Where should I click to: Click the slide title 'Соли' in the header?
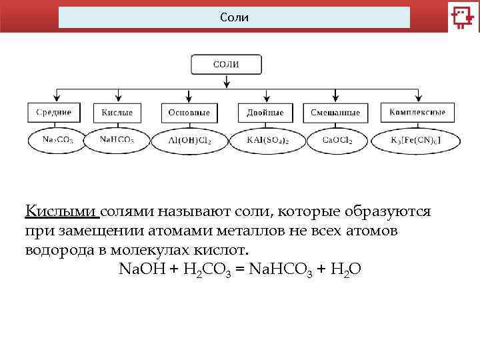pos(234,17)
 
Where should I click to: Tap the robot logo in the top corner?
pos(462,17)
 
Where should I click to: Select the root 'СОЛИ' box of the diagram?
pos(226,65)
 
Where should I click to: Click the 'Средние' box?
pos(54,112)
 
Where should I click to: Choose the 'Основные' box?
pos(189,112)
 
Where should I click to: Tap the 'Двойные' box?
pos(265,112)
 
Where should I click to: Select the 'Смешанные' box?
pos(335,112)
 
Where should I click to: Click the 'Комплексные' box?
pos(417,112)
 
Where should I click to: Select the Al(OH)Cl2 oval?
pos(190,141)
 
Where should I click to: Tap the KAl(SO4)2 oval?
pos(267,141)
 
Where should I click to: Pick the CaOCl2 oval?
pos(337,141)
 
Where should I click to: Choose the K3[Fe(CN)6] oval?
pos(415,141)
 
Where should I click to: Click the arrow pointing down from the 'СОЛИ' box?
pos(227,81)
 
